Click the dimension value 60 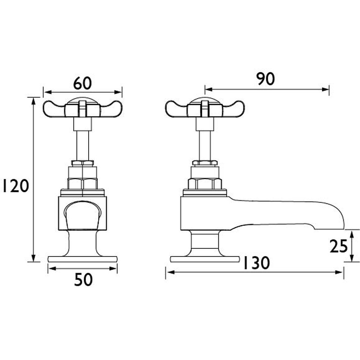click(82, 83)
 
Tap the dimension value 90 click(265, 79)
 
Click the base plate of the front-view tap click(82, 259)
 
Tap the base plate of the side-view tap click(204, 259)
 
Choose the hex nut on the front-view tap click(82, 183)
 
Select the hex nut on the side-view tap click(205, 183)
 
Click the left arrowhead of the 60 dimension click(44, 92)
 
